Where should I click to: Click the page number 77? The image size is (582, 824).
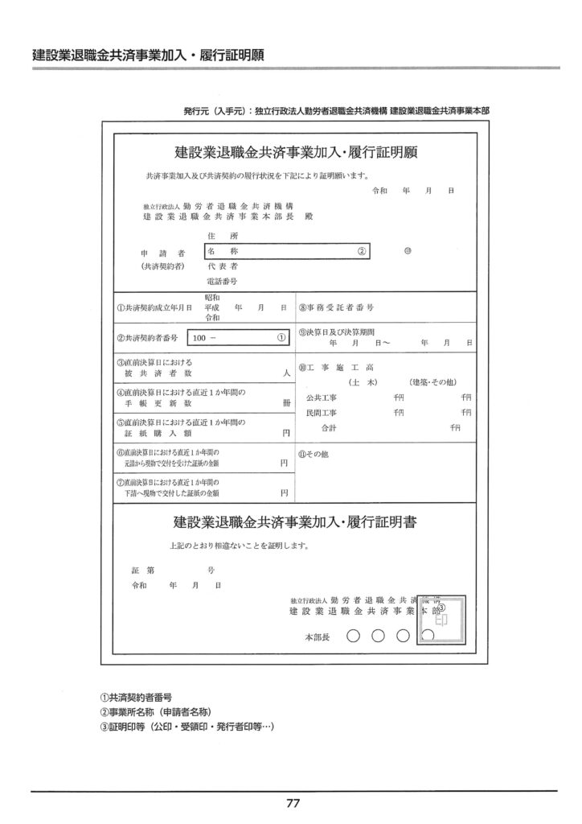click(292, 802)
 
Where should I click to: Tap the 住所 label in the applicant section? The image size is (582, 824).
click(218, 237)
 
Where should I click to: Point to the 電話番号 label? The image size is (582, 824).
click(222, 282)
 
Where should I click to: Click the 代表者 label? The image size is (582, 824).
click(221, 266)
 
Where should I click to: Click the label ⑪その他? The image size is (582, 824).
click(314, 453)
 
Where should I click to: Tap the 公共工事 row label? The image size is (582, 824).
click(322, 398)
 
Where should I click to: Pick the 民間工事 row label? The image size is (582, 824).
click(322, 412)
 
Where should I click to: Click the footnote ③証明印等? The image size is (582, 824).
click(186, 726)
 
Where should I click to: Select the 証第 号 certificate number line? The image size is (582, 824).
click(172, 570)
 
